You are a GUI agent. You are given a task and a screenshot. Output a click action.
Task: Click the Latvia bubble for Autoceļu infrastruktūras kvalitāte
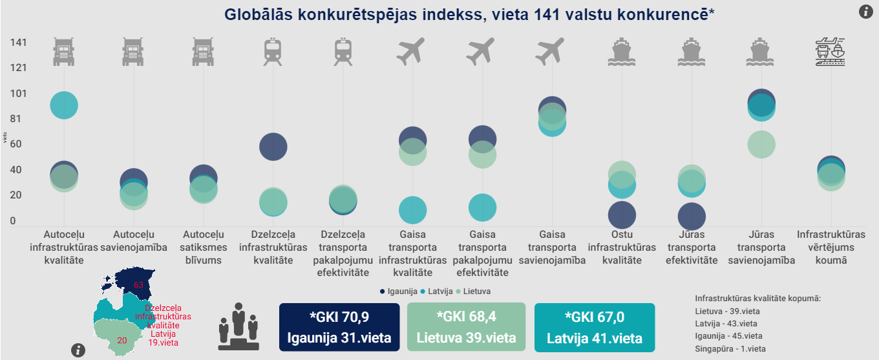(x=63, y=105)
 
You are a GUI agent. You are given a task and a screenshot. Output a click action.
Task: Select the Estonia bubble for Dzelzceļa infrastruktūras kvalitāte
(x=273, y=146)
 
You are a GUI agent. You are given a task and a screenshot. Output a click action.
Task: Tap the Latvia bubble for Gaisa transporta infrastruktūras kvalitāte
(x=412, y=209)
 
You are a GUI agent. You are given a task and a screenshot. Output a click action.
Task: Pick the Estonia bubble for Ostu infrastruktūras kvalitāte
(x=622, y=215)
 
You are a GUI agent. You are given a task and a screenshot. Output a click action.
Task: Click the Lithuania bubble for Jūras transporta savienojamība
(x=761, y=143)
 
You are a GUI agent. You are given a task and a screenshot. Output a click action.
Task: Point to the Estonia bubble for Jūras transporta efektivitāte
(x=692, y=217)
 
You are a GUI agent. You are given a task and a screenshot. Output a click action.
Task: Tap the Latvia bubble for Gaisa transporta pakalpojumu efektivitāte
(x=482, y=207)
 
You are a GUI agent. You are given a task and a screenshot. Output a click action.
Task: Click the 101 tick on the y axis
(x=18, y=93)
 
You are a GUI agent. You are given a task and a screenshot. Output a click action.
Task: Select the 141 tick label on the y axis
(x=18, y=43)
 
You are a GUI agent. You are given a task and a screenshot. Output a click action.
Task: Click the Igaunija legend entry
(x=398, y=291)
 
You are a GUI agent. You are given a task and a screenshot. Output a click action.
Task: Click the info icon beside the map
(x=79, y=350)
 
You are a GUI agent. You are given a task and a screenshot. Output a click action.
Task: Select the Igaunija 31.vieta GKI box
(x=339, y=327)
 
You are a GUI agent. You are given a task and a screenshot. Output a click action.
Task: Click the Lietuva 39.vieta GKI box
(x=467, y=327)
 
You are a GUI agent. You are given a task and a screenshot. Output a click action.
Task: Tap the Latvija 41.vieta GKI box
(x=594, y=327)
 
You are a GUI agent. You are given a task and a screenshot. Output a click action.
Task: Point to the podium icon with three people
(x=238, y=326)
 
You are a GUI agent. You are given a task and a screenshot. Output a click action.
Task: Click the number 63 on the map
(x=138, y=284)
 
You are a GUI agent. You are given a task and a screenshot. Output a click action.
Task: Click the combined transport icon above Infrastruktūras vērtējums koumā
(x=831, y=52)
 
